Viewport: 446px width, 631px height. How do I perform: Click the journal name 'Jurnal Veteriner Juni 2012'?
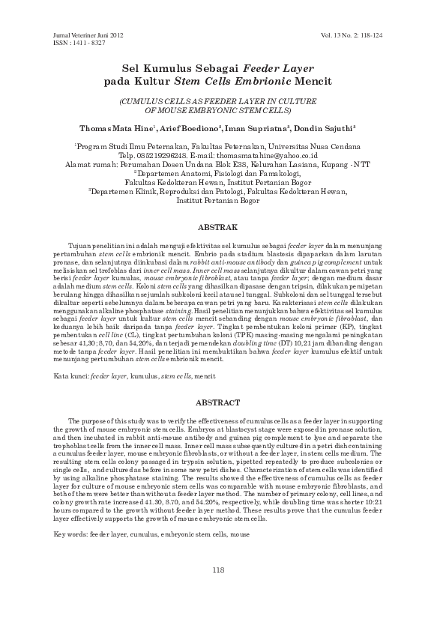pyautogui.click(x=87, y=36)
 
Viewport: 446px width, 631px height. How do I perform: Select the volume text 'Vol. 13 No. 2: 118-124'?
pyautogui.click(x=362, y=36)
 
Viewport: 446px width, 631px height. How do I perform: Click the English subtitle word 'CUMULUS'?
pyautogui.click(x=140, y=100)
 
